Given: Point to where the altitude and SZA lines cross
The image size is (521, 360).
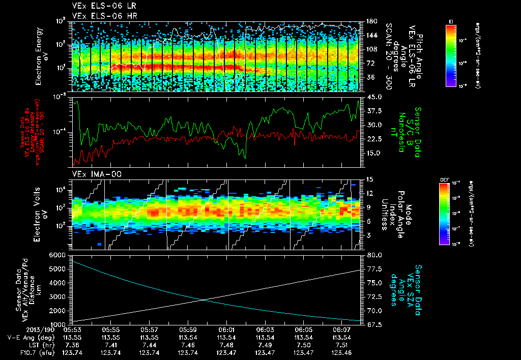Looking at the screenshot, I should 205,300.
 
